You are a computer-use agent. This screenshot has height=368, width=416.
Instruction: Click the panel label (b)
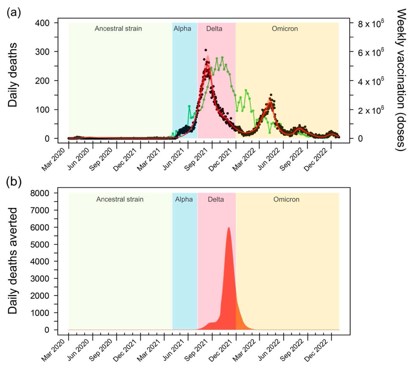[x=14, y=182]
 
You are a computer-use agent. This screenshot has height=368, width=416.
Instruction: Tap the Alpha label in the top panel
[x=182, y=29]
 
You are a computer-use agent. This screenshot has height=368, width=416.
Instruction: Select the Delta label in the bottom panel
[x=216, y=199]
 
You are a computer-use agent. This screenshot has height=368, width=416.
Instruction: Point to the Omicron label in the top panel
[x=285, y=29]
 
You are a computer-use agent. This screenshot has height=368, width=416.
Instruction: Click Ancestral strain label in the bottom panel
[x=120, y=199]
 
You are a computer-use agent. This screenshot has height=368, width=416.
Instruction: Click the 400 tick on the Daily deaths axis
[x=42, y=23]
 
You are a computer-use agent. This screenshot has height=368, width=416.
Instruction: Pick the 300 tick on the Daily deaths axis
[x=42, y=52]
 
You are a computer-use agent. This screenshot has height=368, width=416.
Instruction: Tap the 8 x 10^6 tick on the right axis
[x=371, y=23]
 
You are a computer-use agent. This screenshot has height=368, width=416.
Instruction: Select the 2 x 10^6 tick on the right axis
[x=371, y=110]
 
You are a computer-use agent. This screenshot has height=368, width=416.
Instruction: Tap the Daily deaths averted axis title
[x=13, y=261]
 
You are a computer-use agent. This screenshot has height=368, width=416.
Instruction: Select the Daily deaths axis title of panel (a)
[x=13, y=75]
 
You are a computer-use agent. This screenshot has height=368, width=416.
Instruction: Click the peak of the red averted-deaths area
[x=228, y=228]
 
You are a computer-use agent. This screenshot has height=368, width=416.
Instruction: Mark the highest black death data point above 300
[x=206, y=50]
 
